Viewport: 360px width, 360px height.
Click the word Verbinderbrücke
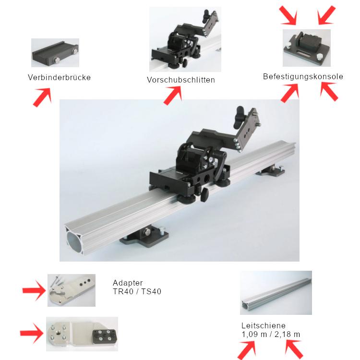point(59,77)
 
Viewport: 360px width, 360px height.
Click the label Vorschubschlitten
point(180,80)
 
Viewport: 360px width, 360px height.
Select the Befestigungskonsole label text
point(303,76)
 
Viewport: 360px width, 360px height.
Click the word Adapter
point(128,283)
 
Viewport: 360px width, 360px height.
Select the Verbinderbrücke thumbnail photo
point(55,53)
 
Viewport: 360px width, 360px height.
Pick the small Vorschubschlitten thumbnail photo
point(185,39)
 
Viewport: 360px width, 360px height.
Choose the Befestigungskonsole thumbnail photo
point(306,48)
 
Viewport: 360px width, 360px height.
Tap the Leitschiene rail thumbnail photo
point(276,293)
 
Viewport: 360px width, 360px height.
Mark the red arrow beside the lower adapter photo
point(32,333)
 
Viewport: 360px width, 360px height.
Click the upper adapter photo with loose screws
point(71,290)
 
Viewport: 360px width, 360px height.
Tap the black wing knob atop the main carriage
point(242,114)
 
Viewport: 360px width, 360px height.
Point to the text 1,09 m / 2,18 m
point(271,334)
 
